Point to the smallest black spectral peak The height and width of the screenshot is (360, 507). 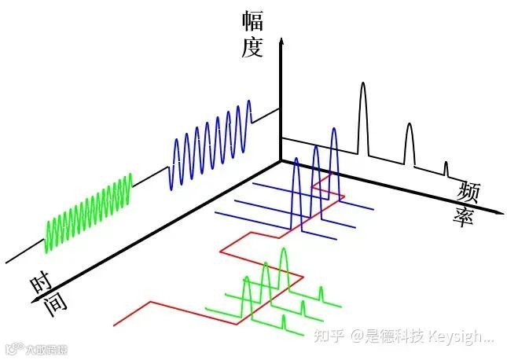(446, 167)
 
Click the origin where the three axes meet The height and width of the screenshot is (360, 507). (281, 160)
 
